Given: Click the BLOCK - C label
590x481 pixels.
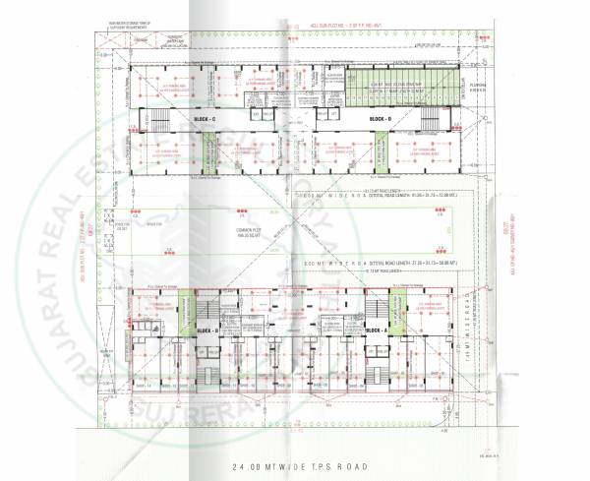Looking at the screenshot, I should pos(206,119).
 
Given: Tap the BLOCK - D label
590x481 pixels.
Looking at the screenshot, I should pos(380,119).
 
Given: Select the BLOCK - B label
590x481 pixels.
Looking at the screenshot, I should pos(206,331).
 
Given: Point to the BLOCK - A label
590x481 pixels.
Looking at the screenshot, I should pos(378,331).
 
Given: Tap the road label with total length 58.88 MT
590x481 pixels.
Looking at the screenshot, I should pos(393,266).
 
